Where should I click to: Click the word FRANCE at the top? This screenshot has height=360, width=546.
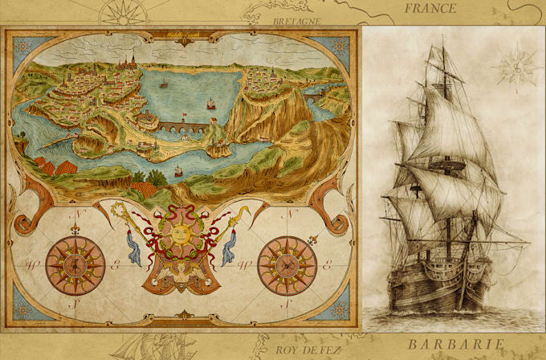(430, 9)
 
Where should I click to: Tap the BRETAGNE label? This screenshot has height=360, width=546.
(297, 21)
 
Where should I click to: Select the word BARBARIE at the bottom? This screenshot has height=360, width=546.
(455, 346)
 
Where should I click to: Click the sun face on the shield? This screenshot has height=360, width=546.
(179, 235)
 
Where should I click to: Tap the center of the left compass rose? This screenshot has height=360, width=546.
(75, 264)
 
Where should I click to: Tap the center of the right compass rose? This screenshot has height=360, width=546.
(287, 264)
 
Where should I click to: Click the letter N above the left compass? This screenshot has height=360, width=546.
(78, 215)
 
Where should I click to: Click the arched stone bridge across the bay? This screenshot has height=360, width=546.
(179, 126)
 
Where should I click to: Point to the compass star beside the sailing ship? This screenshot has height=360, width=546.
(514, 66)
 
